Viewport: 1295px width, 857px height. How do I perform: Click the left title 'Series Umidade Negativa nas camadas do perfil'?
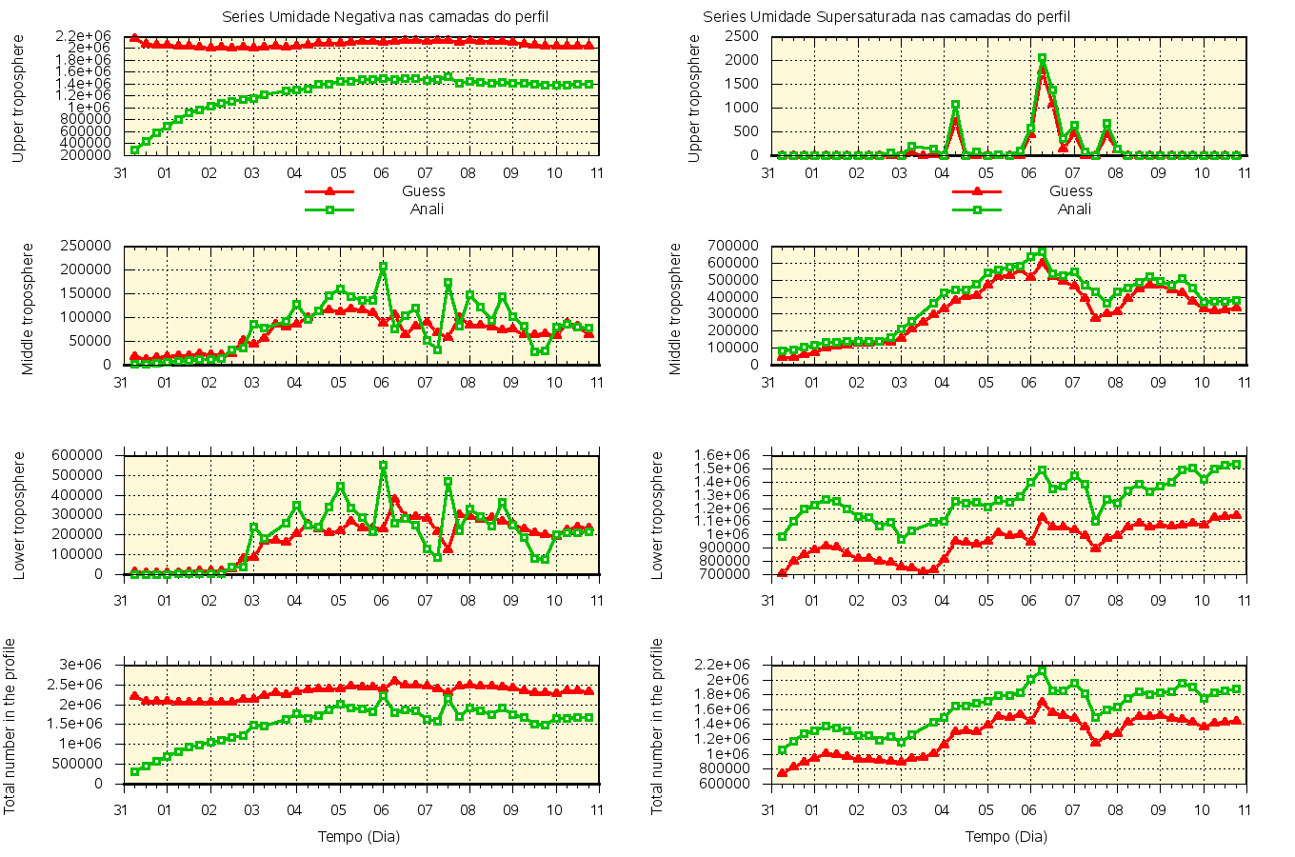point(385,17)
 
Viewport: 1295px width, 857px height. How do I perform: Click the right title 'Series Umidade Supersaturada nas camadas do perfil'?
point(887,17)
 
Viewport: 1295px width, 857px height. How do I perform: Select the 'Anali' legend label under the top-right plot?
point(1074,209)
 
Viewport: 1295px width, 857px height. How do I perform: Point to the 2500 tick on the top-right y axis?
point(741,36)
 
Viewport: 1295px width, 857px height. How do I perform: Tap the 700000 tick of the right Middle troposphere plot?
point(734,246)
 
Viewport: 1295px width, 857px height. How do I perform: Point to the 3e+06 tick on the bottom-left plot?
point(94,665)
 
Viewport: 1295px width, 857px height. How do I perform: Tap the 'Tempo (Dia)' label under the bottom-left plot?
point(358,837)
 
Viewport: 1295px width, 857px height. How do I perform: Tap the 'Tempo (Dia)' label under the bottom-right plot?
point(1006,837)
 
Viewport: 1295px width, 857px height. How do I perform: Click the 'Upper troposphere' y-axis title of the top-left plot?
point(19,98)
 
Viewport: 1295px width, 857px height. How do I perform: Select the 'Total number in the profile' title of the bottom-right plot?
point(657,726)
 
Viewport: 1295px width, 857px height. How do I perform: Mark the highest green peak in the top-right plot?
point(1042,58)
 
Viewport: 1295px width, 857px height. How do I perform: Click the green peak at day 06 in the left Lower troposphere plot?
point(383,466)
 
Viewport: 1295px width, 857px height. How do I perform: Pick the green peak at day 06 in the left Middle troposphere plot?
point(383,267)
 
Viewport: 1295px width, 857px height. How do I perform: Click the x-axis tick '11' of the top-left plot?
point(597,173)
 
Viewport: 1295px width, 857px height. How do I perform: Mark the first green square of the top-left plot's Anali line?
point(134,149)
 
